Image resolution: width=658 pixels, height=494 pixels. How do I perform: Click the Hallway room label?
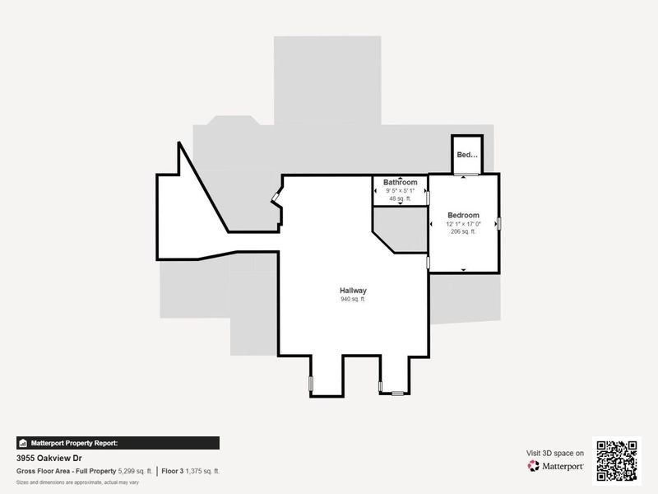(353, 291)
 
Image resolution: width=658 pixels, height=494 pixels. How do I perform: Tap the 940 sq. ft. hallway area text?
(353, 300)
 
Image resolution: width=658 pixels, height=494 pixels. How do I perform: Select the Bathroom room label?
(400, 182)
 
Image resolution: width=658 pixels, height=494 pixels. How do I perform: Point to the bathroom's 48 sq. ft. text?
(400, 198)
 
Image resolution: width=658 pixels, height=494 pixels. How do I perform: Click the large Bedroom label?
(463, 215)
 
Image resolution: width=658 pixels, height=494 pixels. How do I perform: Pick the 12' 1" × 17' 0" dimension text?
(463, 224)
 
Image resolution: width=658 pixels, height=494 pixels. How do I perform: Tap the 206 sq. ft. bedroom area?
(463, 232)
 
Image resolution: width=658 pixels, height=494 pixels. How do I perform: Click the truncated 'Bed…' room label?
(466, 155)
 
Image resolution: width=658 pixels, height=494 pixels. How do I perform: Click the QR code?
(618, 459)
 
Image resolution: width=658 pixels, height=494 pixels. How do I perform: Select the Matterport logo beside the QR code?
(556, 466)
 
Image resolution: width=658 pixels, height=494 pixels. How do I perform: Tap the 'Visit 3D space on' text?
(555, 453)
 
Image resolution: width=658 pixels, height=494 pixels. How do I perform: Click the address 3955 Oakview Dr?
(49, 458)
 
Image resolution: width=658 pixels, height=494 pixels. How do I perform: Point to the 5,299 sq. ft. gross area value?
(135, 471)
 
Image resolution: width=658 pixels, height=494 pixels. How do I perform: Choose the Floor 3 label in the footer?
(171, 471)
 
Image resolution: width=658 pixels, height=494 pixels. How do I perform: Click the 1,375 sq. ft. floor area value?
(202, 471)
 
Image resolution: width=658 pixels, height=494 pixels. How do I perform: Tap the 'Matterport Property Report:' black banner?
(118, 443)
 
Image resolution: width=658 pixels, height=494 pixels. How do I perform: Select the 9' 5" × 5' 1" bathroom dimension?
(400, 191)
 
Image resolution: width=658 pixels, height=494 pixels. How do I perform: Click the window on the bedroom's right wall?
(498, 223)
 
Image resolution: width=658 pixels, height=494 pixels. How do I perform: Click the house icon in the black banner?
(23, 443)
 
